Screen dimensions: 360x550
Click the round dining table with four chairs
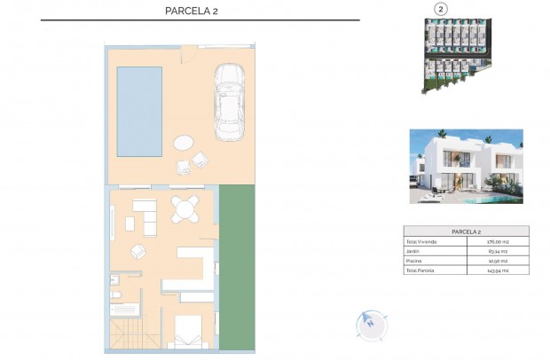point(185,210)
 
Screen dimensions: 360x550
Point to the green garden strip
point(237,266)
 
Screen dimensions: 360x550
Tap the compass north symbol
point(369,324)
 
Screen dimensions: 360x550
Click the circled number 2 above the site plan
point(439,9)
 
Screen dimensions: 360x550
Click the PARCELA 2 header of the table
point(466,231)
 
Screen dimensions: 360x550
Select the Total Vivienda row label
point(422,242)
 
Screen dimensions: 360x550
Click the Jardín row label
point(412,252)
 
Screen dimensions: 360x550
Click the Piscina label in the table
point(414,262)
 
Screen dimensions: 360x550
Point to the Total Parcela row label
point(420,270)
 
